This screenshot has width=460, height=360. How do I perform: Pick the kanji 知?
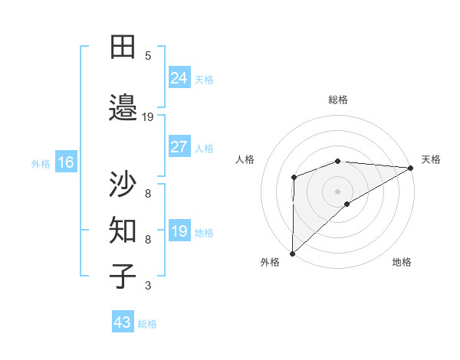[123, 231]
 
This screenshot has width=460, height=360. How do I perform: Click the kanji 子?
[123, 277]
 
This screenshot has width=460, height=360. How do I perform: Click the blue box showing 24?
[179, 77]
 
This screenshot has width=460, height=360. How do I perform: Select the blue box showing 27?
[179, 147]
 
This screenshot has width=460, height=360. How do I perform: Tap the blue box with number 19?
[179, 231]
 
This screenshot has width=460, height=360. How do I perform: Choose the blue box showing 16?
[65, 162]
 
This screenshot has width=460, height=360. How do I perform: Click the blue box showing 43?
[123, 322]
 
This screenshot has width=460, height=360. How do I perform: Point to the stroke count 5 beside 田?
[148, 56]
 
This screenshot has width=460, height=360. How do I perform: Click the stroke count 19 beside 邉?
[148, 117]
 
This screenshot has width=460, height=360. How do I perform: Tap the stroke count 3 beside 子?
[148, 286]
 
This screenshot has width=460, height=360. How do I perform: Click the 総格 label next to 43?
[147, 324]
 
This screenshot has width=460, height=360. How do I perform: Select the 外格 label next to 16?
[41, 163]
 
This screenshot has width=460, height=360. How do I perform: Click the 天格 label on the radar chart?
[431, 159]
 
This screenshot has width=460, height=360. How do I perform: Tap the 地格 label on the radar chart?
[402, 262]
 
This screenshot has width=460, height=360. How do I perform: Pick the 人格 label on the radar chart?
[245, 159]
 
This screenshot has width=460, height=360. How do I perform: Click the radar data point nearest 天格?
[411, 168]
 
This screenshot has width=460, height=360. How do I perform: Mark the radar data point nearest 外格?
[292, 253]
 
